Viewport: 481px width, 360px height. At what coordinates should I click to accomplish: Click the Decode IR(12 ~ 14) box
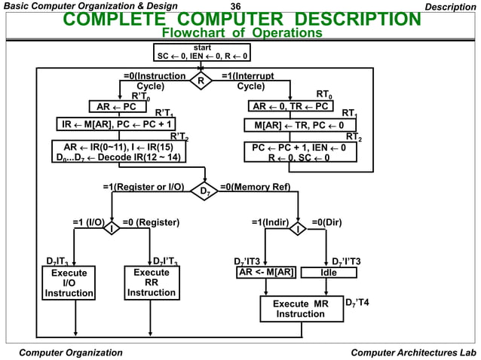point(118,152)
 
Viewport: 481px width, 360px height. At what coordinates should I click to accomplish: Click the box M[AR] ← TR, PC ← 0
point(299,124)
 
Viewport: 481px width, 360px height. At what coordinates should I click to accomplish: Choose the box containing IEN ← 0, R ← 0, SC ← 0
point(299,153)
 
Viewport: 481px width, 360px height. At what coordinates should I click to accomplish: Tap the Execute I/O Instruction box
point(69,282)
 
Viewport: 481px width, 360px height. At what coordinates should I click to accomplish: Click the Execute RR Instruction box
point(152,282)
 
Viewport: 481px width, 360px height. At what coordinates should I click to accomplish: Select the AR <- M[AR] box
point(265,272)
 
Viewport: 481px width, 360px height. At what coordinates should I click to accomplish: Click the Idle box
point(329,272)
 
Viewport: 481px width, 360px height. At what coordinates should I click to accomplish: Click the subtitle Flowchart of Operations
point(242,33)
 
